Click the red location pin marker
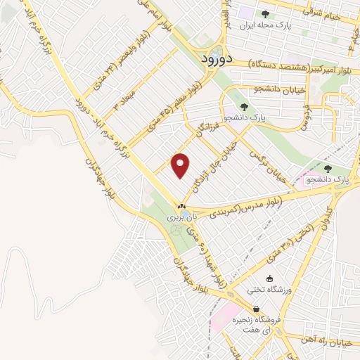click(181, 166)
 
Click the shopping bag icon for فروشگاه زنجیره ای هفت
click(256, 309)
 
